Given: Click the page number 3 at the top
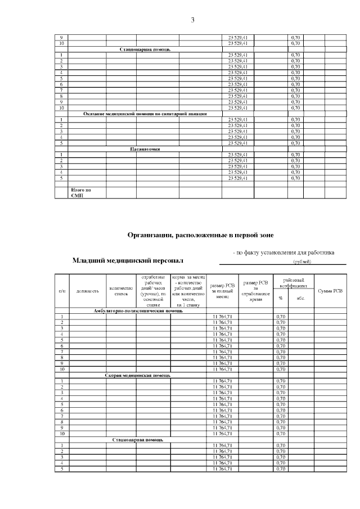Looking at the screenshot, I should click(x=192, y=21).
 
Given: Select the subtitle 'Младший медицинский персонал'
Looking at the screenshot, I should click(x=128, y=261).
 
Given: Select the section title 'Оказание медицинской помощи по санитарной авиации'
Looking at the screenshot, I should click(x=145, y=114).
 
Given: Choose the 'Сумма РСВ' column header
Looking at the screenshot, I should click(x=330, y=291).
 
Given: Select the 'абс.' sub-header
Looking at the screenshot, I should click(x=301, y=298).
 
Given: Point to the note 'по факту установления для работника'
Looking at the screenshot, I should click(x=283, y=253).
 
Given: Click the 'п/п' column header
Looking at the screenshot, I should click(x=62, y=291).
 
